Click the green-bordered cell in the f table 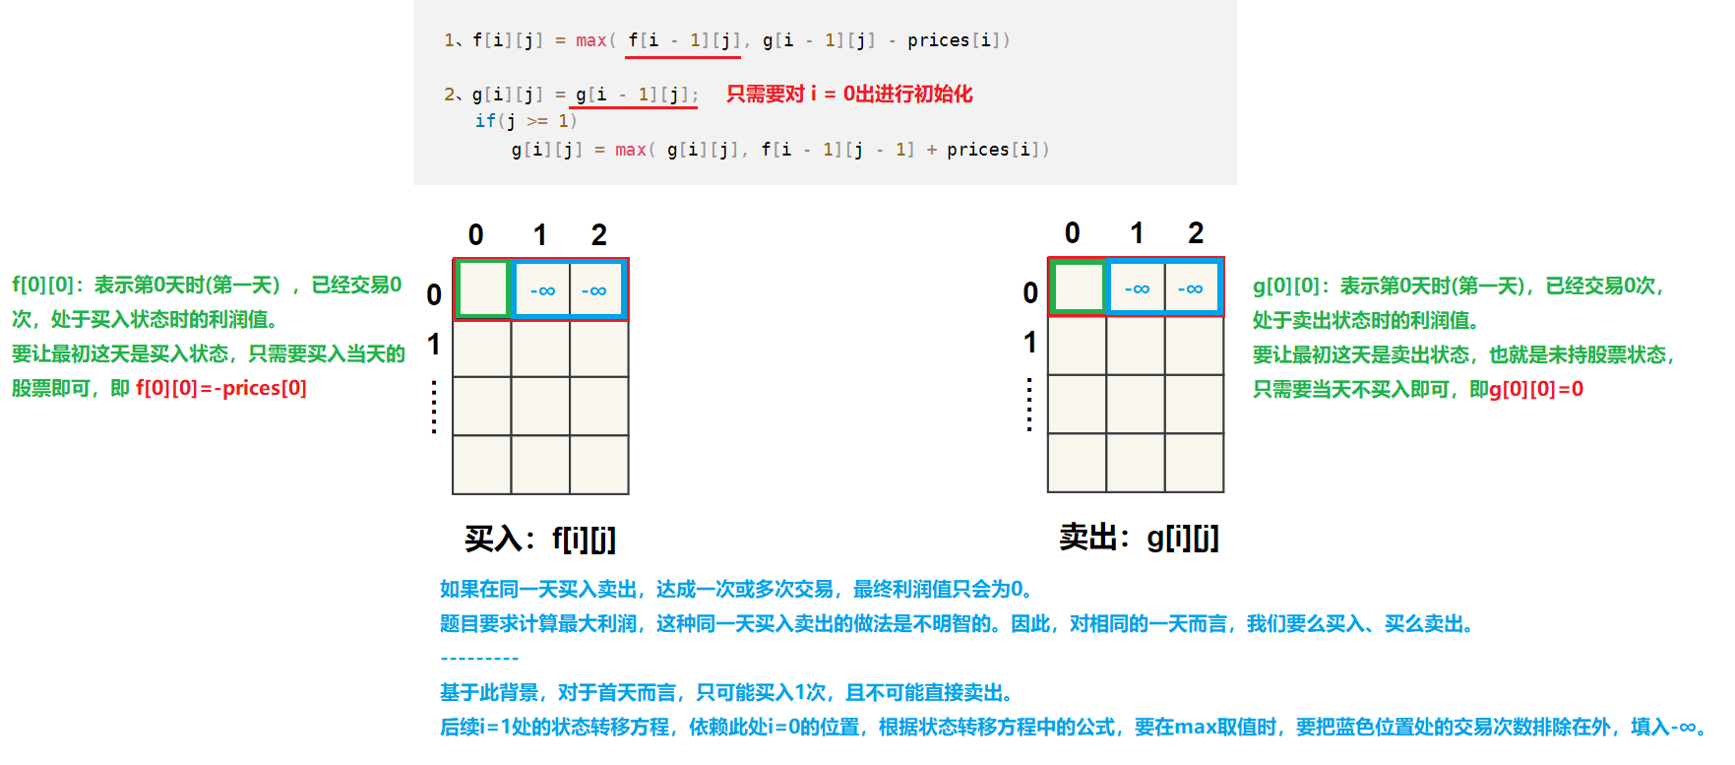(x=482, y=289)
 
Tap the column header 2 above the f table (x=598, y=235)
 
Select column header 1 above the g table (x=1137, y=233)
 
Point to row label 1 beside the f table (x=434, y=345)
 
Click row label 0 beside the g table (x=1030, y=292)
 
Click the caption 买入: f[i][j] (x=539, y=539)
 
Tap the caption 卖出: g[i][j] (x=1139, y=538)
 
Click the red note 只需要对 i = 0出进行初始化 (x=848, y=95)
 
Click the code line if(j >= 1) (x=526, y=121)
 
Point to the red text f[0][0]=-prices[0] (x=221, y=388)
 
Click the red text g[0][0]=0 (x=1535, y=389)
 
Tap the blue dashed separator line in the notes (x=479, y=659)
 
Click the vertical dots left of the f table (x=434, y=407)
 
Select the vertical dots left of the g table (x=1029, y=405)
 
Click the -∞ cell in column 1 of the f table (x=542, y=290)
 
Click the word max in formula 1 (x=590, y=40)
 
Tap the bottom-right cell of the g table (x=1194, y=463)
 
